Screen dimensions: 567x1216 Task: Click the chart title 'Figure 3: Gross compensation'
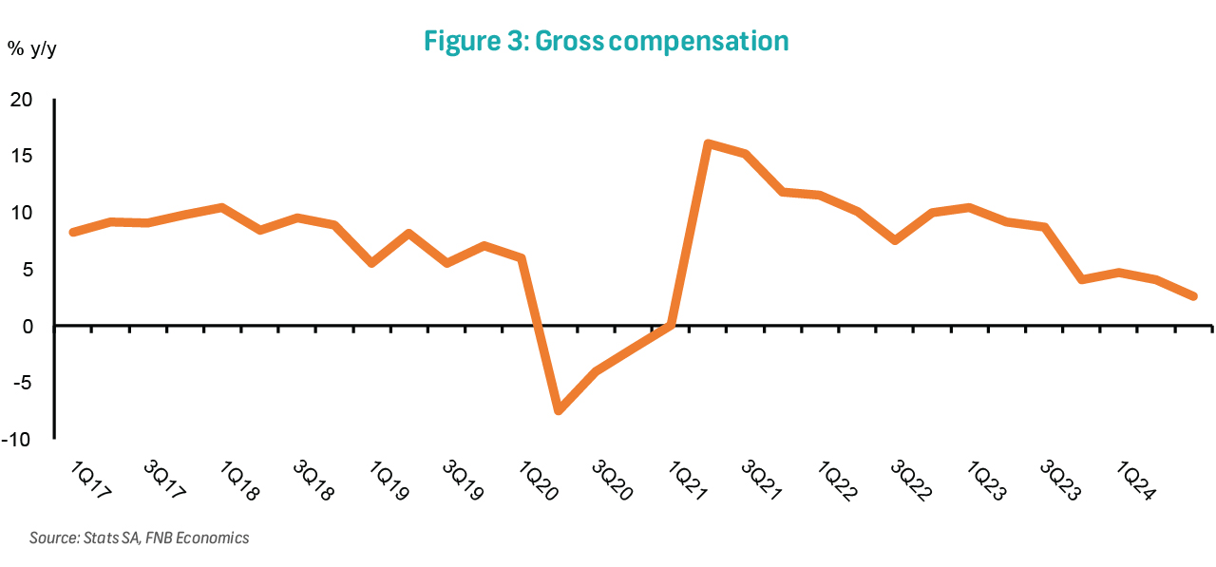tap(606, 42)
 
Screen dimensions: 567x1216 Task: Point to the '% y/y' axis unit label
tap(32, 49)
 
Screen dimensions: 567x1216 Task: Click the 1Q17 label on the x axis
tap(91, 481)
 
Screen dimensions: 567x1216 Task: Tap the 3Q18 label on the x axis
tap(313, 481)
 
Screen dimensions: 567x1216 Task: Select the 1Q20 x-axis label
tap(539, 481)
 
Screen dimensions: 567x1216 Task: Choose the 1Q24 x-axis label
tap(1134, 481)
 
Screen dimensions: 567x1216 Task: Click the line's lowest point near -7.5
tap(559, 410)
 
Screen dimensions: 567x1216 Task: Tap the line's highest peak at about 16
tap(708, 144)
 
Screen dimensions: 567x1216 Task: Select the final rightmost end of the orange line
tap(1193, 296)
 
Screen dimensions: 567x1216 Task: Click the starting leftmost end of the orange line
tap(73, 232)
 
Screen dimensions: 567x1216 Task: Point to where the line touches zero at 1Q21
tap(671, 325)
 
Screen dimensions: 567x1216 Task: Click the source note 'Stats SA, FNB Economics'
tap(139, 539)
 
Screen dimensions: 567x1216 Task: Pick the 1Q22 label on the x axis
tap(838, 481)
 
